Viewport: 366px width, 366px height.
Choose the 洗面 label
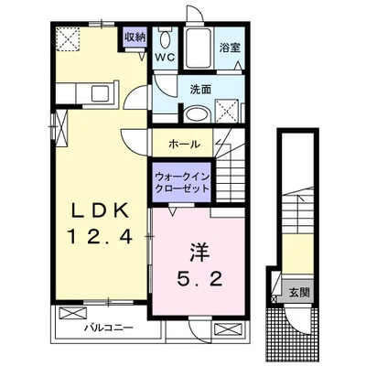tap(201, 90)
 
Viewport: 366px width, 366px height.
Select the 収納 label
tap(135, 38)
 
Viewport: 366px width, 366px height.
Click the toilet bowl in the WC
tap(165, 40)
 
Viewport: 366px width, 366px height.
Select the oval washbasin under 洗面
tap(197, 114)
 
